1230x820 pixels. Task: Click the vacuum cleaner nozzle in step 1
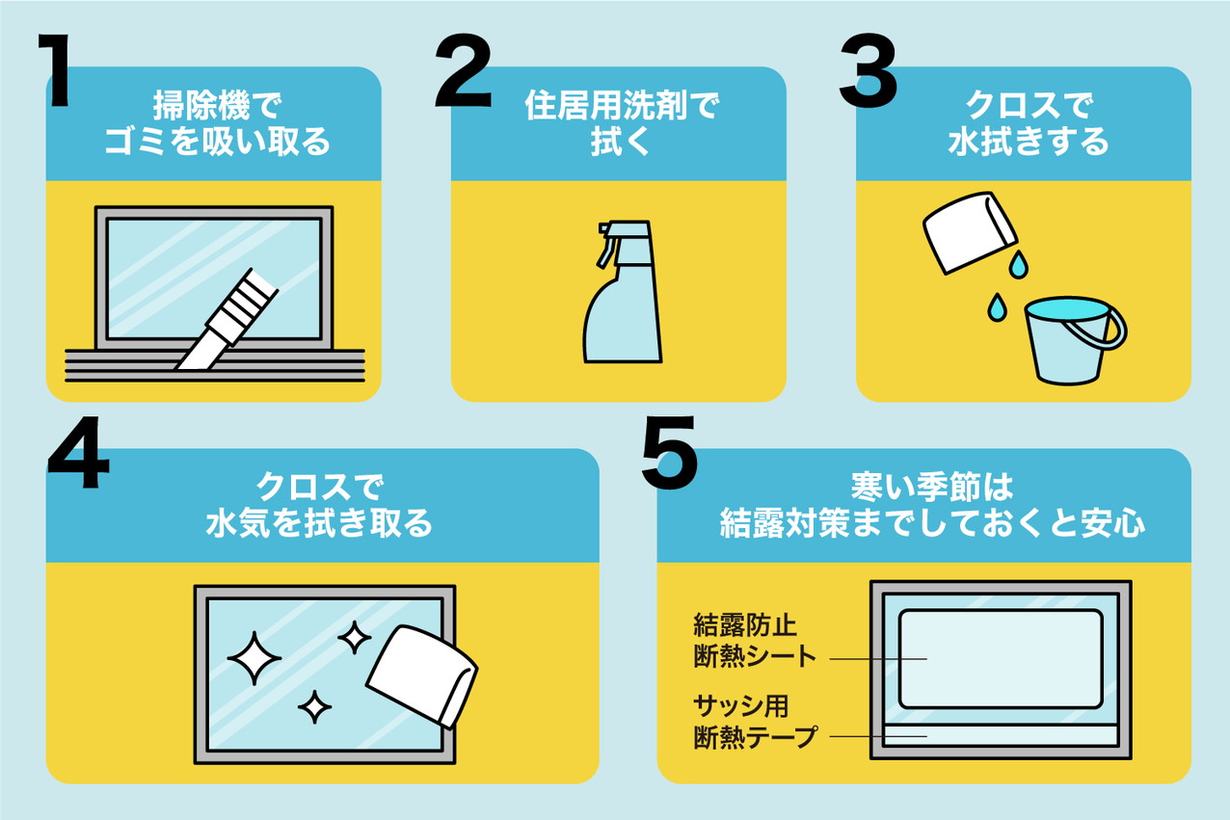[227, 320]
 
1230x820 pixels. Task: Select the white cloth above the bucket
[969, 231]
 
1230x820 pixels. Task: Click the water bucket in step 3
[1071, 340]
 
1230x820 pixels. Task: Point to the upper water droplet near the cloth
[1018, 264]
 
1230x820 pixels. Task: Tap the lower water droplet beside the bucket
[997, 307]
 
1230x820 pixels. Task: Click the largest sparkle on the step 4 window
[254, 658]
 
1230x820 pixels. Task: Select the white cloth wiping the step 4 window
[421, 676]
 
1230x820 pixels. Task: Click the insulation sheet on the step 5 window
[1001, 659]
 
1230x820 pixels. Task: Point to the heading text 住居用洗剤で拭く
[622, 123]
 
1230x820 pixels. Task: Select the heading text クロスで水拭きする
[1029, 123]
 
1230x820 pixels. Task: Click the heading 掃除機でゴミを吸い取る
[218, 123]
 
